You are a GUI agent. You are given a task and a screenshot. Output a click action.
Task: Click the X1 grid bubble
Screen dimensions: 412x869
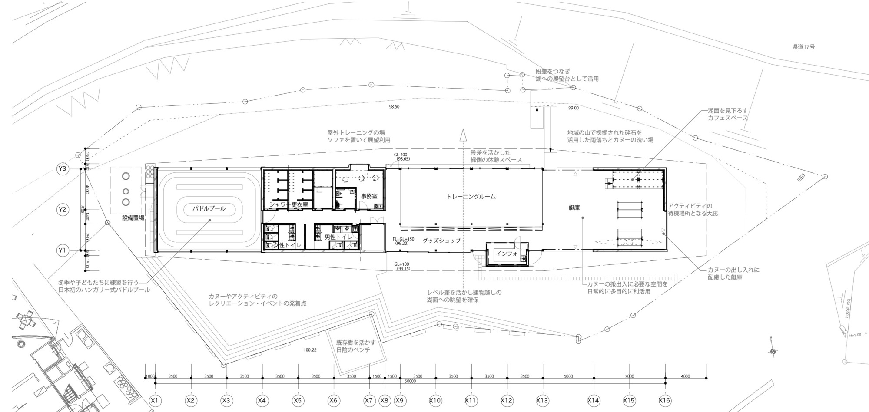155,400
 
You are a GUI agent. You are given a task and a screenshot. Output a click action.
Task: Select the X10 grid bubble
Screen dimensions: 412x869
435,400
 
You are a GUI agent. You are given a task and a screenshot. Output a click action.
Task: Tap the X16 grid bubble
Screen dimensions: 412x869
665,400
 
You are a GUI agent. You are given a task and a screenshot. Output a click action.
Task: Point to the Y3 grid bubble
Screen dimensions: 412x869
63,169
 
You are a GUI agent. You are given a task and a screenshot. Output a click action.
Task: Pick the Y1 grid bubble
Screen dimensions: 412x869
63,250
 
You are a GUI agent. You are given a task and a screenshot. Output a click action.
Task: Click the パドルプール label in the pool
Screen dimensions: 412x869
209,208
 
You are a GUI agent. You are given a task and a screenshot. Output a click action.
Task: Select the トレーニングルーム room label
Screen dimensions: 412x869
471,197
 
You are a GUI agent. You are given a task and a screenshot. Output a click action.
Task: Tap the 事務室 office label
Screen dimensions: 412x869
369,196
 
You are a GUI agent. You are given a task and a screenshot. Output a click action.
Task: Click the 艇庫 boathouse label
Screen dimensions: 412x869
574,208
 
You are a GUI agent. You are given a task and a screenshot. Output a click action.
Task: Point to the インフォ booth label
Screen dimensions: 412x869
507,254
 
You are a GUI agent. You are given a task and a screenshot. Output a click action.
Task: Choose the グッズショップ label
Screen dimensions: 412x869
441,240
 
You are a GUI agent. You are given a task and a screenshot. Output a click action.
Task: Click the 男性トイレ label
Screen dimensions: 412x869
338,237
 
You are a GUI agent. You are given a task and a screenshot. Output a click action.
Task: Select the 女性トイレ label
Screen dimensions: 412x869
287,245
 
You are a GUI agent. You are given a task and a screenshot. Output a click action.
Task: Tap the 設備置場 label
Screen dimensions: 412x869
133,218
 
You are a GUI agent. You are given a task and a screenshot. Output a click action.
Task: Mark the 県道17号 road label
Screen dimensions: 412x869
803,46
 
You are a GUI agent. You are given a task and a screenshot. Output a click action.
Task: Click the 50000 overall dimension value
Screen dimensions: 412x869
410,382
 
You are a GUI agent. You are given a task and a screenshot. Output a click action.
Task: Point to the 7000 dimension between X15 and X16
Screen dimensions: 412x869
629,376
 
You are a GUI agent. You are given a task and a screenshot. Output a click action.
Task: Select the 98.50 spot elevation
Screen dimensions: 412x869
394,106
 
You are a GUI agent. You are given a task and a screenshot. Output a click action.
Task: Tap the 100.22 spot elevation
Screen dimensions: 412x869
310,349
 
